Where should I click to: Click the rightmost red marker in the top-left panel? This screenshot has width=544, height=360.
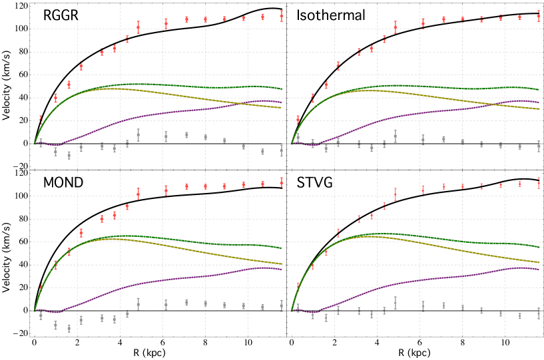pos(282,15)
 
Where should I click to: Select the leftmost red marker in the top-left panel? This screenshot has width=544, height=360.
pos(41,119)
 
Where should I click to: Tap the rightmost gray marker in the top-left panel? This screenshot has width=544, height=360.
pos(282,151)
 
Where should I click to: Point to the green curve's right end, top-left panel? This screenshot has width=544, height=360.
pos(282,89)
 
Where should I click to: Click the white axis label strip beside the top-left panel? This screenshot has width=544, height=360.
pos(10,87)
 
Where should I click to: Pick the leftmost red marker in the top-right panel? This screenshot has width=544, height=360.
pos(298,119)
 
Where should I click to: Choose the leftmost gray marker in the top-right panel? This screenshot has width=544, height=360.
pos(298,138)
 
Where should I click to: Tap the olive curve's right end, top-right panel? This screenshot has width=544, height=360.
pos(539,108)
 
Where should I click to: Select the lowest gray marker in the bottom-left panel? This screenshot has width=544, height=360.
pos(69,328)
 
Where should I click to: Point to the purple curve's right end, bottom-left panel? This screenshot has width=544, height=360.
pos(282,270)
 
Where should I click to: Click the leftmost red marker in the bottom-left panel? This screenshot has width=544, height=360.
pos(41,287)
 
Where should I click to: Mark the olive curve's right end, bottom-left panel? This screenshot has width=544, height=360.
pos(282,264)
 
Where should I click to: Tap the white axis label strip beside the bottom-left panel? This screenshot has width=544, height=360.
pos(10,259)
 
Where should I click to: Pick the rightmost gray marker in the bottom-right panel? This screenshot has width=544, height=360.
pos(539,312)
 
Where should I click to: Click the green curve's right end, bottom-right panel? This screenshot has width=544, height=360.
pos(539,247)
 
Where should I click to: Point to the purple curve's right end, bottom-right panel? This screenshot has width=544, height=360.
pos(539,270)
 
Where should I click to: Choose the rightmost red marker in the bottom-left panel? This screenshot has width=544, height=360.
pos(282,182)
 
